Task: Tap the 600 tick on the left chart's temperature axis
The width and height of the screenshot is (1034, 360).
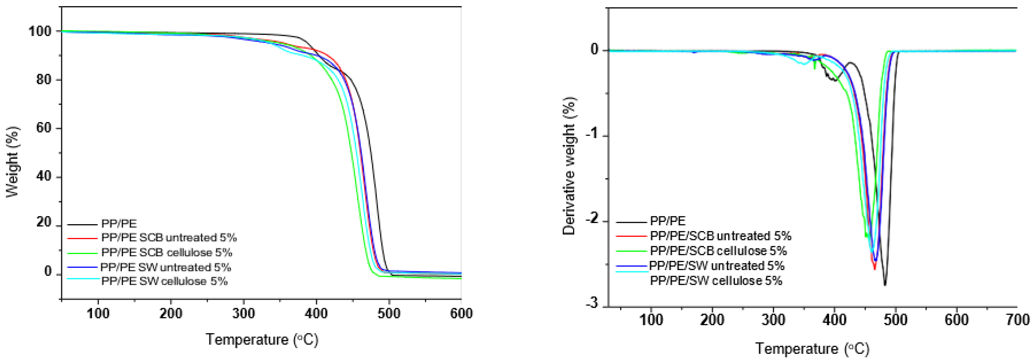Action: point(461,313)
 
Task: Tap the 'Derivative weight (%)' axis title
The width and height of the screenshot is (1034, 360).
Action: point(569,166)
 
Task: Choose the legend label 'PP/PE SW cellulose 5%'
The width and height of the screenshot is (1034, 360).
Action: point(165,281)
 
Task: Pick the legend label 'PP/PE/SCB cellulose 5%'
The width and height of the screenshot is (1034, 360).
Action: point(718,251)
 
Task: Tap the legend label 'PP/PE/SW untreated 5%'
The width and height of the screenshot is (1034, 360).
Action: point(717,266)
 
